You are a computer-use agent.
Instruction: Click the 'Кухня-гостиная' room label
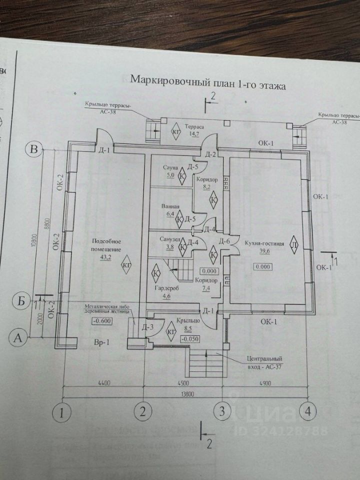pyautogui.click(x=264, y=243)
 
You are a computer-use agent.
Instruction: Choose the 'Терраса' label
pyautogui.click(x=192, y=127)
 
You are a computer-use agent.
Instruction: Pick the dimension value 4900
pyautogui.click(x=265, y=383)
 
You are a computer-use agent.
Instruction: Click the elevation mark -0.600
pyautogui.click(x=101, y=322)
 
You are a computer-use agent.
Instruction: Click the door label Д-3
pyautogui.click(x=147, y=328)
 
